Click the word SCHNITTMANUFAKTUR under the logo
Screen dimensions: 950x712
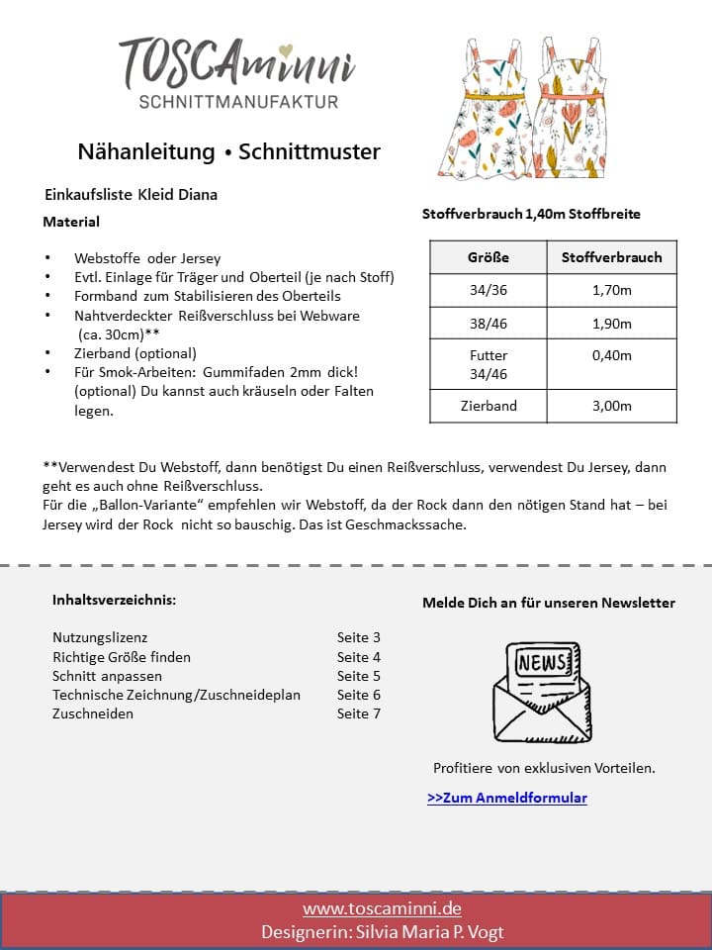238,102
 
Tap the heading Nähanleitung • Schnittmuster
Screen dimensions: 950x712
228,151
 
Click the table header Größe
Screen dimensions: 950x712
488,257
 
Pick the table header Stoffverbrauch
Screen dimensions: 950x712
611,257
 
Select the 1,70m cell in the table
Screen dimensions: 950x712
611,291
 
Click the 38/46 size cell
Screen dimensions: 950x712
488,324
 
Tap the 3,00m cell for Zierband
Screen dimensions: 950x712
611,406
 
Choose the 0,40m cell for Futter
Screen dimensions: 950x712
611,355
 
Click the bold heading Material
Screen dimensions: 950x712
71,222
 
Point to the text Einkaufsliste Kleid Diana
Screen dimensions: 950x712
131,195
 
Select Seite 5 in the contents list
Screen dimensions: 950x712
358,676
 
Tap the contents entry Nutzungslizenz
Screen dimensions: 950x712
100,638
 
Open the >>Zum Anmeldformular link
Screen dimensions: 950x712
507,798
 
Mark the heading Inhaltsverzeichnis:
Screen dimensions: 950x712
114,600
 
